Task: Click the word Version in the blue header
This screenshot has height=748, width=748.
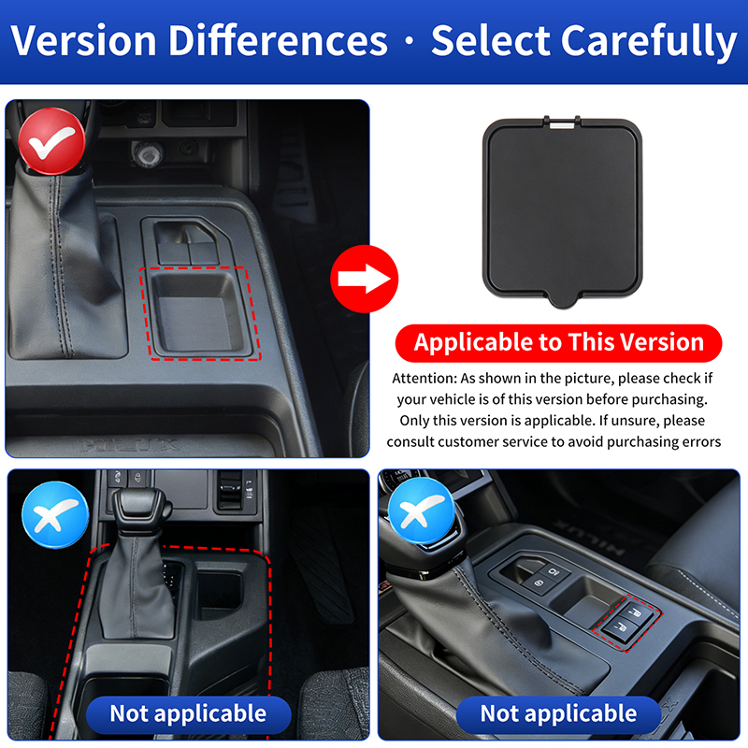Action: tap(83, 40)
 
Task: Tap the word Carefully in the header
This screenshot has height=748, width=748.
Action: tap(648, 42)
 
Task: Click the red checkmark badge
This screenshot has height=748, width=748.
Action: tap(52, 141)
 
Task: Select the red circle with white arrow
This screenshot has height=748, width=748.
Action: tap(365, 279)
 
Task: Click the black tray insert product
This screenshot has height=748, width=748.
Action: tap(563, 211)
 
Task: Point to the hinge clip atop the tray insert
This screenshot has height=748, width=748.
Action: tap(562, 122)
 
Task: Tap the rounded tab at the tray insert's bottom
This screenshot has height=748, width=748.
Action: tap(563, 300)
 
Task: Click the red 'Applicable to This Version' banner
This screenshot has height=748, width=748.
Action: tap(558, 343)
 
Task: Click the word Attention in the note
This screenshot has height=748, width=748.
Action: tap(424, 379)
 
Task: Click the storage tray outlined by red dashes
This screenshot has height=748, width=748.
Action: tap(200, 313)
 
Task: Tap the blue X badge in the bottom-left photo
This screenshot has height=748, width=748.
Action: tap(55, 515)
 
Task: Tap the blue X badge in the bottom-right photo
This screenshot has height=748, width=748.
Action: tap(422, 511)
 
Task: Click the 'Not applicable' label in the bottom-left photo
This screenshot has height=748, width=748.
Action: tap(189, 714)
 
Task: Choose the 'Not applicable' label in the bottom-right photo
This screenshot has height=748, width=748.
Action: tap(558, 714)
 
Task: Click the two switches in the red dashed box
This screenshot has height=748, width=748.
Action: tap(627, 622)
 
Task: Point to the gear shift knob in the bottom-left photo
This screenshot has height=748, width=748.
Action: tap(142, 511)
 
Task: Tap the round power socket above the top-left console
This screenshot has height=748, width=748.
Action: tap(148, 153)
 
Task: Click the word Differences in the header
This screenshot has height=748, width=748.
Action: tap(278, 40)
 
